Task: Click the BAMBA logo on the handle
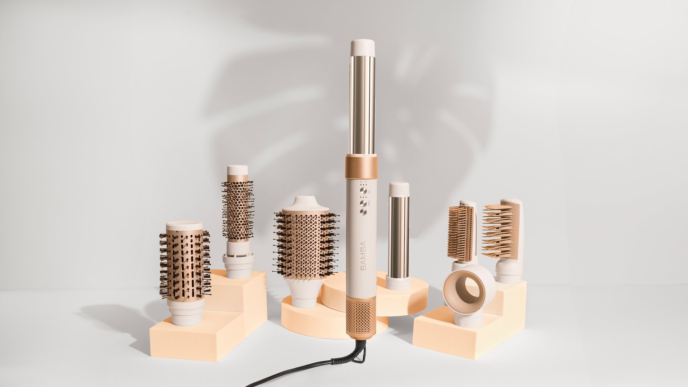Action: coord(364,255)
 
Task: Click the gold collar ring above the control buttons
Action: coord(361,167)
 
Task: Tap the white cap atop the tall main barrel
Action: coord(363,48)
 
